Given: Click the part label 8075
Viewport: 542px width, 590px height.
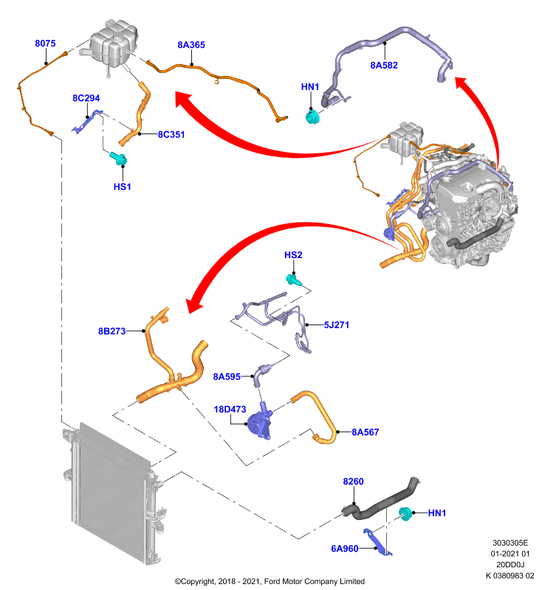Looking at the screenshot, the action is pyautogui.click(x=45, y=44).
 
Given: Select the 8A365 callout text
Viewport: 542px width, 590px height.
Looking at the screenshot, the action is pyautogui.click(x=191, y=45).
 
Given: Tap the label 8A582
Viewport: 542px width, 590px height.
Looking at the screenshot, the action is pyautogui.click(x=384, y=65).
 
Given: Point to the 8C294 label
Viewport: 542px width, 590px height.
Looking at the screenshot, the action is pyautogui.click(x=86, y=98).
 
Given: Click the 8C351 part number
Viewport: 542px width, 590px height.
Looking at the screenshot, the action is pyautogui.click(x=171, y=134).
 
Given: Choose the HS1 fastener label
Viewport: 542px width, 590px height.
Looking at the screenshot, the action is pyautogui.click(x=122, y=187).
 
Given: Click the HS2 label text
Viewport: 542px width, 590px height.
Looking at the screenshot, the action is pyautogui.click(x=293, y=254).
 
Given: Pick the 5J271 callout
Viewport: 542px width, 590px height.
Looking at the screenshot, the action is pyautogui.click(x=336, y=324).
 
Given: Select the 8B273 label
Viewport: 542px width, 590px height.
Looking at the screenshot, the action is pyautogui.click(x=112, y=331).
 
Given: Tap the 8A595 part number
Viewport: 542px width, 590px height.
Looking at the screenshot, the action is pyautogui.click(x=227, y=377).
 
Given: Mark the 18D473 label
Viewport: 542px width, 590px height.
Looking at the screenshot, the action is pyautogui.click(x=230, y=409).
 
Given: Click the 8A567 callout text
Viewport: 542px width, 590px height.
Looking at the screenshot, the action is pyautogui.click(x=365, y=432).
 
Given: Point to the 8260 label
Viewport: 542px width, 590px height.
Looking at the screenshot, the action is pyautogui.click(x=353, y=482).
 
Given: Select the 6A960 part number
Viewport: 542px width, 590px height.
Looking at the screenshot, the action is pyautogui.click(x=344, y=549).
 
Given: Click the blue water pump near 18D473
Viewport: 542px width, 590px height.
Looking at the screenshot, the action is pyautogui.click(x=260, y=423).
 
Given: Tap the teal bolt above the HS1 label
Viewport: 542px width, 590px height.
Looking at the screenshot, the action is pyautogui.click(x=118, y=159).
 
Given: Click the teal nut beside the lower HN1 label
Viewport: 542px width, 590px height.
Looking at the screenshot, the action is pyautogui.click(x=405, y=514).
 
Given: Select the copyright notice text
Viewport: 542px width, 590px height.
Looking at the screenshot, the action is pyautogui.click(x=270, y=581).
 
